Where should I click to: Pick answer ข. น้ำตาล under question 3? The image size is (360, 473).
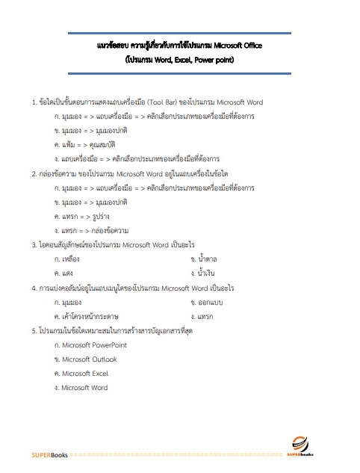(x=208, y=259)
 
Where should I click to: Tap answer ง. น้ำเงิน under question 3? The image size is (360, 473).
(x=208, y=273)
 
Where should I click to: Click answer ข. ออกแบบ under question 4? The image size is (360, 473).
(x=213, y=302)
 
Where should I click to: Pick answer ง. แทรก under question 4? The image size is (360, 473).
(x=206, y=316)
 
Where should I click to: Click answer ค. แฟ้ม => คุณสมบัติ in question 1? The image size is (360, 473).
(x=85, y=145)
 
